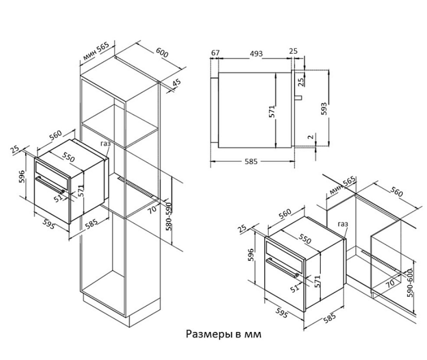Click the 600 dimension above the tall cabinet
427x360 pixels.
162,52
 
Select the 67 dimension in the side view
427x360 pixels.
215,53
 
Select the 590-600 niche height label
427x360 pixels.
411,284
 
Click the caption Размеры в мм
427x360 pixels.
224,334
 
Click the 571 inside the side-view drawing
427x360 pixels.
272,112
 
